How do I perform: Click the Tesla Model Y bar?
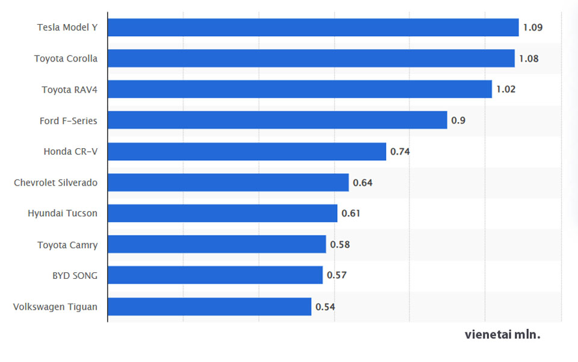[x=313, y=28]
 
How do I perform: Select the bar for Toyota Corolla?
[x=311, y=58]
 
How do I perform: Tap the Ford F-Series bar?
[x=278, y=120]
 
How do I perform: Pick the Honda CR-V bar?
[x=247, y=152]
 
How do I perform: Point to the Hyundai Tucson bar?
[x=223, y=213]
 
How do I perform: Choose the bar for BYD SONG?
[x=215, y=275]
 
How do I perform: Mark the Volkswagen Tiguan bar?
[x=210, y=307]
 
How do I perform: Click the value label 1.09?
[x=533, y=28]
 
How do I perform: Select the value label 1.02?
[x=506, y=90]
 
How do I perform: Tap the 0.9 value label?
[x=458, y=120]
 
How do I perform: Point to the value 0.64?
[x=362, y=183]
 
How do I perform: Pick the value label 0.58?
[x=340, y=245]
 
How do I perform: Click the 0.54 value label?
[x=325, y=307]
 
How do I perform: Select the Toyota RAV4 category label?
[x=69, y=90]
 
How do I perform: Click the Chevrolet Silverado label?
[x=55, y=183]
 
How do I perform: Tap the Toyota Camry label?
[x=67, y=245]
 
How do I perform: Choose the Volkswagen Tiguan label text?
[x=55, y=307]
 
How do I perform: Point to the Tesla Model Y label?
[x=67, y=28]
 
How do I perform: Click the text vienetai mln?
[x=502, y=335]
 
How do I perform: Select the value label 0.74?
[x=400, y=152]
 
